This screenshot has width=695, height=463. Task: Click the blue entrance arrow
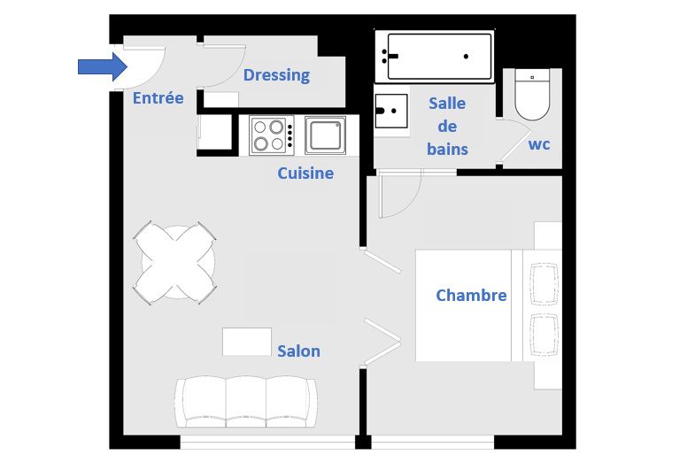[x=103, y=67]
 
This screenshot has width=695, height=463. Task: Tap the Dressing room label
[x=276, y=75]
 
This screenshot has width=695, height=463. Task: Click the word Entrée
[x=158, y=98]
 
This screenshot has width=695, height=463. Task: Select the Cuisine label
[x=305, y=174]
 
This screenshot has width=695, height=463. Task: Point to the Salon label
[x=298, y=351]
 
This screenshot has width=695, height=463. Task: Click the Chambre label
[x=471, y=295]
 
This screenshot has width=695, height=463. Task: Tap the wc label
[x=539, y=144]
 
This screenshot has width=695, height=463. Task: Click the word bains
[x=447, y=150]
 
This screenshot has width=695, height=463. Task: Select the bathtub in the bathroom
[x=435, y=57]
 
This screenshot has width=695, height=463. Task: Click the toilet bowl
[x=532, y=95]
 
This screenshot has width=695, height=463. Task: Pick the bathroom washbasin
[x=391, y=111]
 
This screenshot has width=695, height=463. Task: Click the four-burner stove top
[x=272, y=135]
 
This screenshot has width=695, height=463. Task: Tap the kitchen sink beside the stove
[x=325, y=135]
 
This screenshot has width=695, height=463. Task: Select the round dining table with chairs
[x=174, y=263]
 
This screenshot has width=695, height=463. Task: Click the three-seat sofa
[x=246, y=402]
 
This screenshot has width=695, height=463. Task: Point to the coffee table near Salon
[x=247, y=342]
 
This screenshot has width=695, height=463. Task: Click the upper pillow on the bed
[x=544, y=284]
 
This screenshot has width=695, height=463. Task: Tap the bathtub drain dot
[x=466, y=57]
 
